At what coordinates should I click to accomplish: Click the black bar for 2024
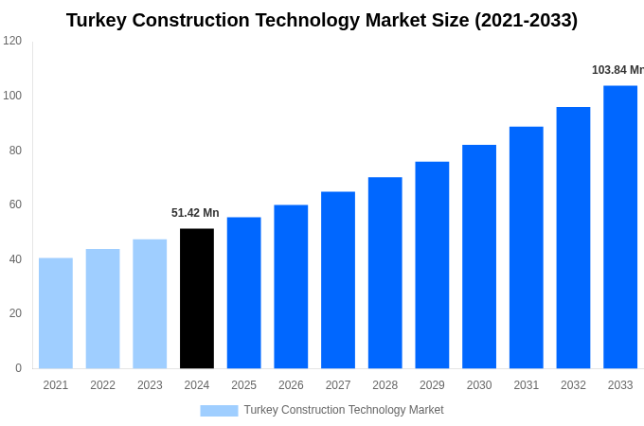(197, 298)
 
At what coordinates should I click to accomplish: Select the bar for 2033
(620, 227)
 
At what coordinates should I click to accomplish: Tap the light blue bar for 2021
(56, 313)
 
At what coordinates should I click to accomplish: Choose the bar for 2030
(479, 257)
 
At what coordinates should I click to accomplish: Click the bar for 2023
(150, 304)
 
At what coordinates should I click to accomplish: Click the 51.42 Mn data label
(195, 213)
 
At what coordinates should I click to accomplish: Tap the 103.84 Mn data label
(617, 70)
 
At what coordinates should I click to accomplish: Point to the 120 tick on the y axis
(12, 41)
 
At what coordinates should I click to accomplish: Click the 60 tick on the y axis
(15, 204)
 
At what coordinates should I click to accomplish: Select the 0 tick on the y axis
(18, 368)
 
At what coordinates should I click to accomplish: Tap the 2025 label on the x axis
(243, 385)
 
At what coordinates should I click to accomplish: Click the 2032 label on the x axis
(573, 385)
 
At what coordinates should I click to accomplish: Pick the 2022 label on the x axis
(102, 385)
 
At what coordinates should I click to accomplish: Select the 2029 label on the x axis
(432, 385)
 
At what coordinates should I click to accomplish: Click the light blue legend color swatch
(219, 411)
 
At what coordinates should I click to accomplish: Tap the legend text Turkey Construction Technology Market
(344, 410)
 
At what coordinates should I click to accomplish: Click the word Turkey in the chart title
(98, 20)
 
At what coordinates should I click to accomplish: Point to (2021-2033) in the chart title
(526, 20)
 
